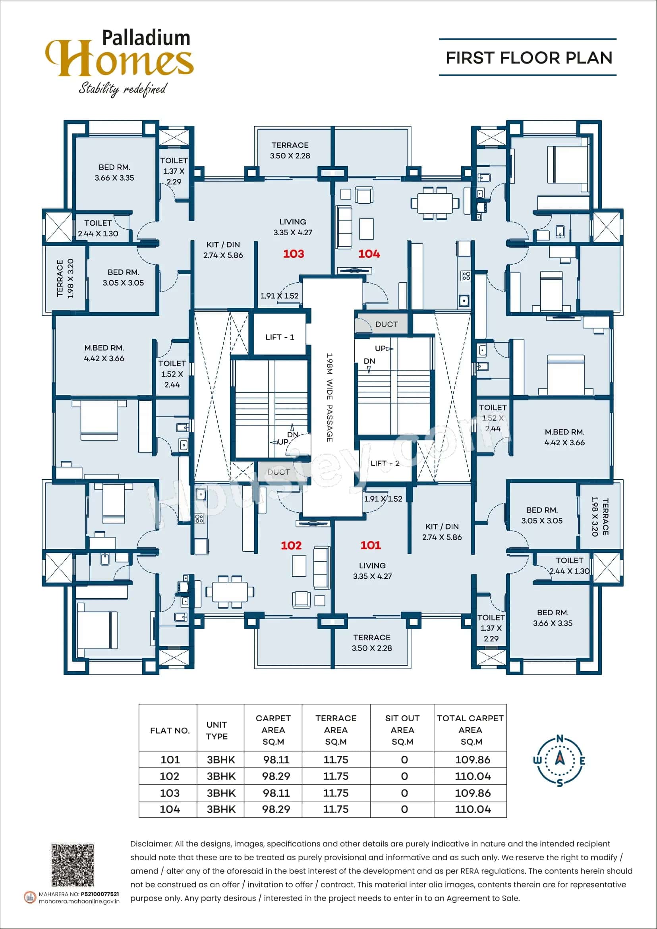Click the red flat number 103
pyautogui.click(x=293, y=254)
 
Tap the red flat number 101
pyautogui.click(x=371, y=545)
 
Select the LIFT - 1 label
pyautogui.click(x=280, y=337)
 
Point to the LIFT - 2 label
pyautogui.click(x=385, y=463)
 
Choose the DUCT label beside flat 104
pyautogui.click(x=386, y=324)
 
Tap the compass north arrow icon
pyautogui.click(x=560, y=760)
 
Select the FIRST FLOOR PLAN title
pyautogui.click(x=529, y=58)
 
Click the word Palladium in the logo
pyautogui.click(x=146, y=38)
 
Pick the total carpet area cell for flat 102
pyautogui.click(x=473, y=776)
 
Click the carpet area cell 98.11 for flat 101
pyautogui.click(x=276, y=759)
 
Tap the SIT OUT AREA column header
pyautogui.click(x=402, y=730)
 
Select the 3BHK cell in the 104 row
pyautogui.click(x=221, y=809)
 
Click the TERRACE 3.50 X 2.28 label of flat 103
pyautogui.click(x=290, y=150)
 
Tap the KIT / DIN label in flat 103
pyautogui.click(x=223, y=250)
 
